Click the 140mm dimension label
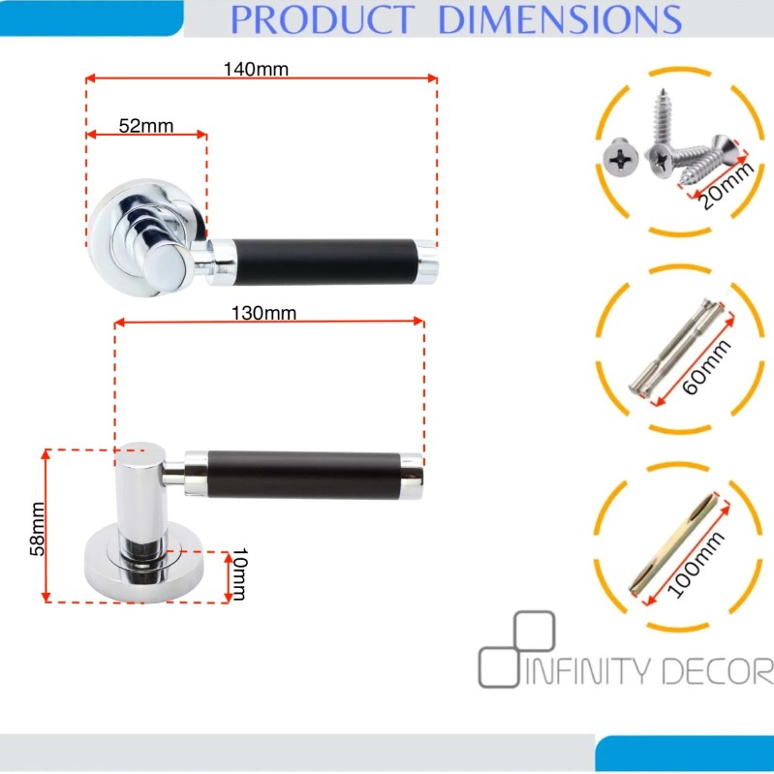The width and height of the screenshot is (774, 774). pyautogui.click(x=256, y=69)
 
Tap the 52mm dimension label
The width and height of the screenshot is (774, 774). pyautogui.click(x=146, y=126)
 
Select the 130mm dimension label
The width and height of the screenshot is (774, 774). pyautogui.click(x=264, y=313)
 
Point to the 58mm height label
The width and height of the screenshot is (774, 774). pyautogui.click(x=38, y=529)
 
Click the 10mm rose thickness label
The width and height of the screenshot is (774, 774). pyautogui.click(x=240, y=573)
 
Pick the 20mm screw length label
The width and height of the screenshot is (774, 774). pyautogui.click(x=727, y=185)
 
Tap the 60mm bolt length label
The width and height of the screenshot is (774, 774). pyautogui.click(x=707, y=367)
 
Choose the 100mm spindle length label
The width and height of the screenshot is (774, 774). pyautogui.click(x=696, y=564)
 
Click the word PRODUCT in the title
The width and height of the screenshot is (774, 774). pyautogui.click(x=323, y=19)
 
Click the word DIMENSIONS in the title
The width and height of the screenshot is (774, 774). pyautogui.click(x=560, y=19)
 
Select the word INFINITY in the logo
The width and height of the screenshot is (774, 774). pyautogui.click(x=589, y=671)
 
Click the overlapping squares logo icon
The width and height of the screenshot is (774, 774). pyautogui.click(x=517, y=649)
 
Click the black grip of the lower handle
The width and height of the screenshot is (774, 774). pyautogui.click(x=303, y=475)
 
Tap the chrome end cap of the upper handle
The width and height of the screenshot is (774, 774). pyautogui.click(x=425, y=263)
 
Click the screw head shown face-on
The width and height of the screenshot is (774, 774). pyautogui.click(x=621, y=157)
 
